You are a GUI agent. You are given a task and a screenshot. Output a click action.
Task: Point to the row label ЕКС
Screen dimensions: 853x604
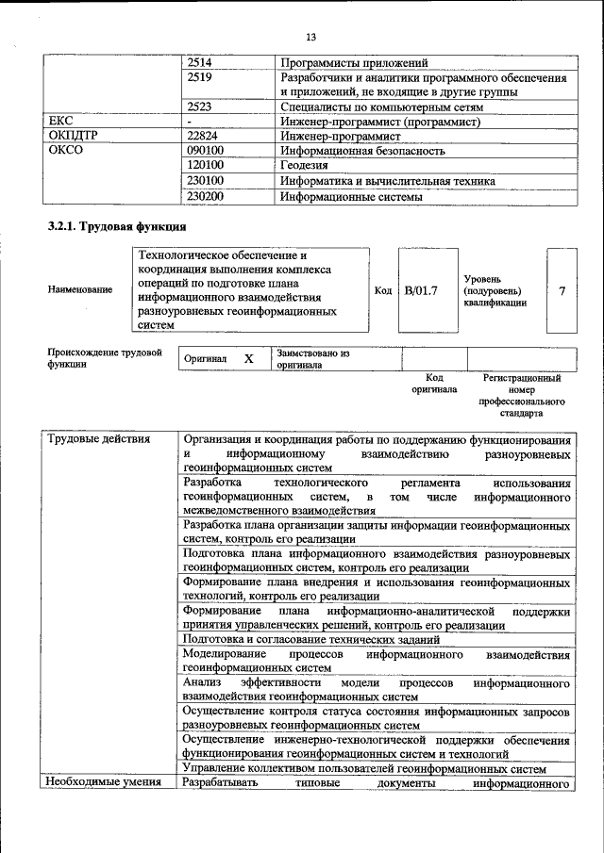[x=60, y=122]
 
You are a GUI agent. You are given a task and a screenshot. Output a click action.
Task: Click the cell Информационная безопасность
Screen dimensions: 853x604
[x=361, y=151]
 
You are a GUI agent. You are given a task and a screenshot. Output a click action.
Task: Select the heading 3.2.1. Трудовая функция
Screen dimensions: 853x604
[x=117, y=227]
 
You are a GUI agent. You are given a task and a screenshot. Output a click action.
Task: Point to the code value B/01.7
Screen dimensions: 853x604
[x=422, y=290]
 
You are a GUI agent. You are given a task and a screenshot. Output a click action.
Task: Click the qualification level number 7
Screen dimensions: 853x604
[x=562, y=290]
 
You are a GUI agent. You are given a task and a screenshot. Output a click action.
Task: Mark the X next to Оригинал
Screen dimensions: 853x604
[x=248, y=359]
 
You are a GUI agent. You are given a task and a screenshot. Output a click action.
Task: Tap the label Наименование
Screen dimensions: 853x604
[x=80, y=290]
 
